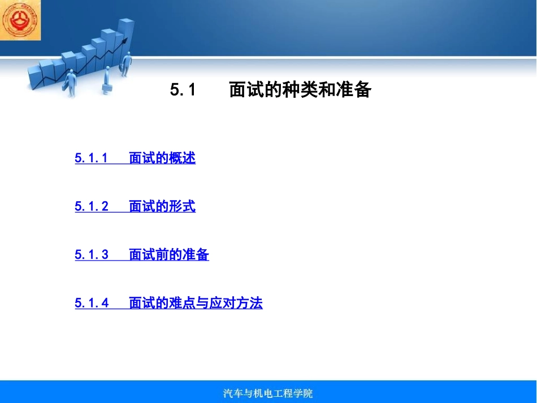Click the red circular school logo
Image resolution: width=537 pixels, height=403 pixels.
pos(20,20)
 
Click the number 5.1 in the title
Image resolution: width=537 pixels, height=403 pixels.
pos(182,90)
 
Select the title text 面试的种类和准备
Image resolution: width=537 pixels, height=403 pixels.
pos(300,90)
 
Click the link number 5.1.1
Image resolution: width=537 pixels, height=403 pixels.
pos(91,158)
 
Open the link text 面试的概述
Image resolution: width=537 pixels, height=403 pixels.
pos(162,158)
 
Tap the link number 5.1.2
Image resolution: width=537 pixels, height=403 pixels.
pos(91,207)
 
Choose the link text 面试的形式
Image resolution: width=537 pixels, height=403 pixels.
pos(162,207)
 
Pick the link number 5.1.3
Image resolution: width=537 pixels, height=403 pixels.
pos(91,255)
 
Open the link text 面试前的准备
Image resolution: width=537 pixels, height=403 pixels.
pos(169,255)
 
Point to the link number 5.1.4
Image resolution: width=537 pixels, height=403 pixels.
pos(91,304)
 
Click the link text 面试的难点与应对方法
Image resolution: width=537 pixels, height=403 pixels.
pos(196,304)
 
